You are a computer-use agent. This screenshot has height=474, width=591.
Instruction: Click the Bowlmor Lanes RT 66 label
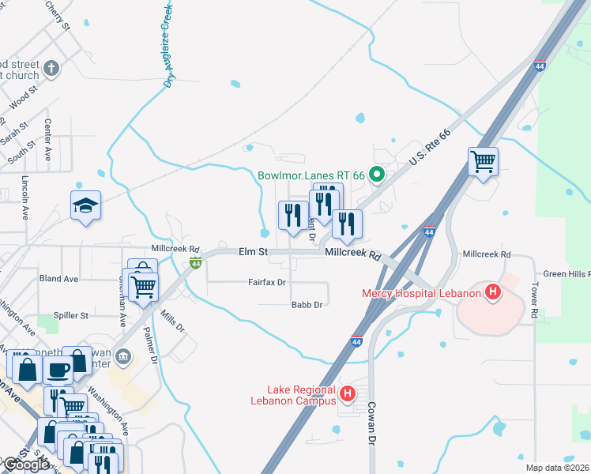(311, 175)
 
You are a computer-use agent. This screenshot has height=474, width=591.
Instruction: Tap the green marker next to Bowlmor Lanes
(377, 175)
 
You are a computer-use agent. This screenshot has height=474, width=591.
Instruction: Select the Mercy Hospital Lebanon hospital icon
(493, 293)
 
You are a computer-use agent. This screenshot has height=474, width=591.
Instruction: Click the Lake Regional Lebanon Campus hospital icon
(346, 393)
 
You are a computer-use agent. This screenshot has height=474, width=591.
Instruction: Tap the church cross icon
(52, 68)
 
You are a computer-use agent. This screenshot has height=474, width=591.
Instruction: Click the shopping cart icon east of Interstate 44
(483, 162)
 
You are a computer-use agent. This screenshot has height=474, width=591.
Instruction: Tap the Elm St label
(254, 252)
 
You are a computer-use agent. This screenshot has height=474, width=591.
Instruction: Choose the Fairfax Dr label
(266, 281)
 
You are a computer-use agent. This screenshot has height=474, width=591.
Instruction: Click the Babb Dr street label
(307, 304)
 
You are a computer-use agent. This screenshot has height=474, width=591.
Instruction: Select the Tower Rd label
(534, 300)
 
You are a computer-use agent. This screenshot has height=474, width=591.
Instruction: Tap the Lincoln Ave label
(24, 197)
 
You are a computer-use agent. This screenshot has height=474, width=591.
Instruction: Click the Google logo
(26, 465)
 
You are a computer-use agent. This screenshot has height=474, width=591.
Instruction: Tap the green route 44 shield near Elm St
(195, 262)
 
